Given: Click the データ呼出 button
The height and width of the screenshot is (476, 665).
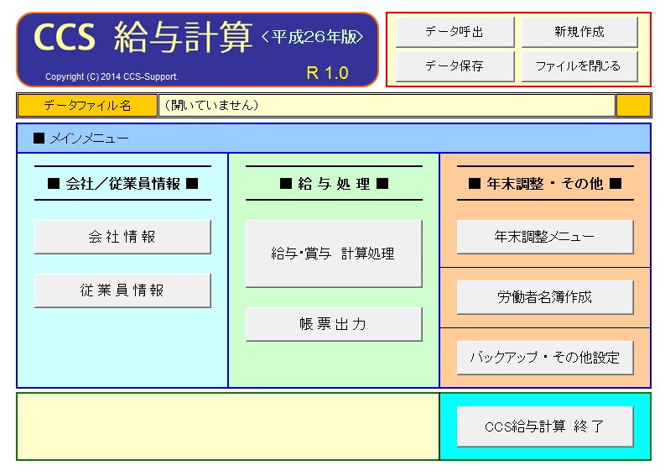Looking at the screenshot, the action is coord(455,32).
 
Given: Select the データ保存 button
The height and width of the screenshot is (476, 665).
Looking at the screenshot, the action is coord(455,66).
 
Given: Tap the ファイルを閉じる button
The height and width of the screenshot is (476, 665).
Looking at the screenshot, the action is coord(579,66).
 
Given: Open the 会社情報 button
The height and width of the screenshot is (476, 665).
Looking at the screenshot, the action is coord(122,237).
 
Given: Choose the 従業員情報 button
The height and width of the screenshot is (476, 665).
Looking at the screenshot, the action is coord(122,290).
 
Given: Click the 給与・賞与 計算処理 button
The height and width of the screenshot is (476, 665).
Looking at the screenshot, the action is coord(334,254).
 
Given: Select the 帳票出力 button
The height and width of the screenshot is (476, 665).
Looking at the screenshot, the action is coord(334,324).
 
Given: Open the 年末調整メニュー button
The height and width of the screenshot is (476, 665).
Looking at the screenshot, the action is coord(545,237).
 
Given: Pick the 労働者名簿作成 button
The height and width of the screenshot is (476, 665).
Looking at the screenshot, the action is coord(545,297).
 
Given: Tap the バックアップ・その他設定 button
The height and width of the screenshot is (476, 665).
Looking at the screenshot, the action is coord(545,358).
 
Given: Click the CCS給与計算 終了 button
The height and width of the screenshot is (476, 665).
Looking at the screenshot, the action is coord(545,426).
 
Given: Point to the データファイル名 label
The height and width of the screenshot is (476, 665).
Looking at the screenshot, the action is coord(87,105).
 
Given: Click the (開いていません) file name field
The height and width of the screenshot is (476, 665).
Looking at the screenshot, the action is coord(387,105).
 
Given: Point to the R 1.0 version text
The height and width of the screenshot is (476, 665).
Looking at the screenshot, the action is coord(327,73).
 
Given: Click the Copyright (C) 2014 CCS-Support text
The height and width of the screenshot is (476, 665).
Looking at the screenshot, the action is coord(112,76).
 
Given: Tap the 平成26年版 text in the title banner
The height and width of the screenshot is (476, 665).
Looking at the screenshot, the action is coord(313,37).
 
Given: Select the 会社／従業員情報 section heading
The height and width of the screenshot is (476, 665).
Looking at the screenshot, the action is coord(123,184).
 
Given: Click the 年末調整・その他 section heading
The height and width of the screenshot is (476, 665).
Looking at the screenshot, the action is coord(545,184).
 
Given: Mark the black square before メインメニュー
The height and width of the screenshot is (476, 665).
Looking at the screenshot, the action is coord(39,138).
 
